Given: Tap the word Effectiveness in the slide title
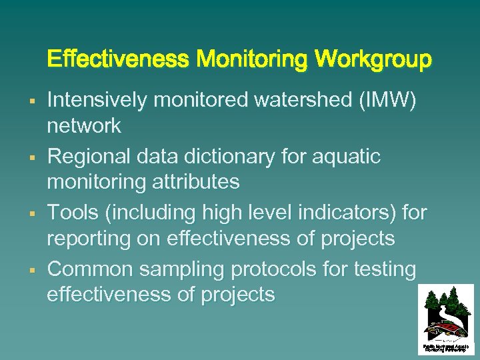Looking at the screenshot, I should tap(118, 60).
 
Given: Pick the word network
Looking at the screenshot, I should tap(84, 125).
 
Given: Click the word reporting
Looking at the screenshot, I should tap(92, 238).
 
